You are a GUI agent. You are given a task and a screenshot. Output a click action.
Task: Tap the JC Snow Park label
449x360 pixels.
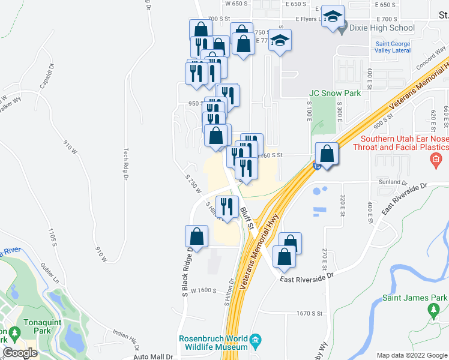pyautogui.click(x=335, y=93)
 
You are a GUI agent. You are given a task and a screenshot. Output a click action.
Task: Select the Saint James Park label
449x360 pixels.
pyautogui.click(x=415, y=298)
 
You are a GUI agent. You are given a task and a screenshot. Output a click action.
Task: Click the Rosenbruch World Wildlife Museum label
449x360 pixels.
pyautogui.click(x=214, y=343)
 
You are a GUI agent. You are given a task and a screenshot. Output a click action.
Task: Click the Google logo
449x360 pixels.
pyautogui.click(x=20, y=353)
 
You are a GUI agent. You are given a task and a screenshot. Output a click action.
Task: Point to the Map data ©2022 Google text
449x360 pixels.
pyautogui.click(x=412, y=355)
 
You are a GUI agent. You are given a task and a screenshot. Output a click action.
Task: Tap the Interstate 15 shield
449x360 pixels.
pyautogui.click(x=316, y=167)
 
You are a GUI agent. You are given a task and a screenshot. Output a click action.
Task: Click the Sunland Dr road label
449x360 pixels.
pyautogui.click(x=393, y=182)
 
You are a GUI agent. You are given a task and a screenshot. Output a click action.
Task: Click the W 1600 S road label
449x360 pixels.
pyautogui.click(x=199, y=290)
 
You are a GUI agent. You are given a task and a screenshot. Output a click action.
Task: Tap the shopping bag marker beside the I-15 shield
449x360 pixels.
pyautogui.click(x=327, y=154)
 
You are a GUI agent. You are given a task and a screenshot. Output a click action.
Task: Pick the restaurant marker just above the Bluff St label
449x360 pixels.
pyautogui.click(x=227, y=207)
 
